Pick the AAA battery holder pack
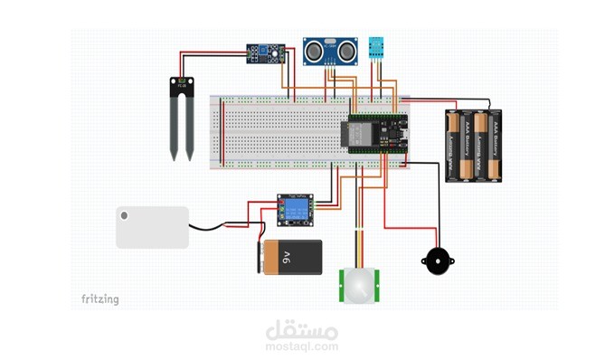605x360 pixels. tap(473, 147)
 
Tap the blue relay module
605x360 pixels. tap(294, 210)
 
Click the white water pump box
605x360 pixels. tap(152, 226)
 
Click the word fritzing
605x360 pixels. tap(99, 299)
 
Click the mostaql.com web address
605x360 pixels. tap(302, 346)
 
